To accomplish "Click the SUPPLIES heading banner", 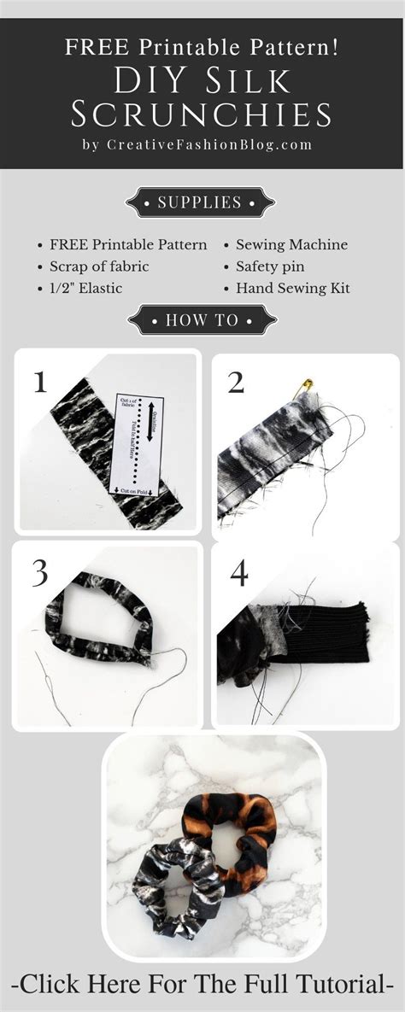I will [201, 203].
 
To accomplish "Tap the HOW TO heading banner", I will [202, 321].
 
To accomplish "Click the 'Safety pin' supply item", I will [270, 266].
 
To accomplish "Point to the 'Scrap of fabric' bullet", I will [98, 266].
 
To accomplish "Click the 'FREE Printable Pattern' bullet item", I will [127, 245].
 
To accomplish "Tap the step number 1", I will [39, 381].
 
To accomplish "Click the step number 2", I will [237, 383].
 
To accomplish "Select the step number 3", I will [39, 574].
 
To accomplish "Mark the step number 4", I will [238, 574].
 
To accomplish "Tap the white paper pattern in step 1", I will [137, 444].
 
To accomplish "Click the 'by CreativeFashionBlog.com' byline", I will [197, 144].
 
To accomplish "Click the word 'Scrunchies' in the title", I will [202, 113].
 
